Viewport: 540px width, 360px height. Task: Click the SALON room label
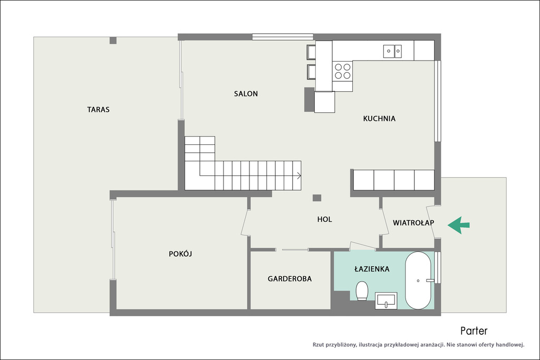246,94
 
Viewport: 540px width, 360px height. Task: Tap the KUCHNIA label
379,119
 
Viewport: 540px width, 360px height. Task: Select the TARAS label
98,110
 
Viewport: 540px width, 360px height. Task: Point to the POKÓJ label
180,254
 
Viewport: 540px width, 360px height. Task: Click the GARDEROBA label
290,279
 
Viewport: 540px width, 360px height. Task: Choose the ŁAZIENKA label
372,269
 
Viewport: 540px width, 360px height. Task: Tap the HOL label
324,219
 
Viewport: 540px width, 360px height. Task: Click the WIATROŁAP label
413,222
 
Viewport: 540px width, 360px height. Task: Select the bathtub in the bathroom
418,280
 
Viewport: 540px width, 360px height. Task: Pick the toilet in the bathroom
362,291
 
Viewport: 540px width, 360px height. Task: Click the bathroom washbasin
385,300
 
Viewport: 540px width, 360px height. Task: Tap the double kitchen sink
392,51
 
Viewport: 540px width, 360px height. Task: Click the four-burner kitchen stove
343,71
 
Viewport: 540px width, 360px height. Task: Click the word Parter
474,331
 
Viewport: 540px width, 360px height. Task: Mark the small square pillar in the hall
317,198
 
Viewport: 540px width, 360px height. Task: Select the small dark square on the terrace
113,41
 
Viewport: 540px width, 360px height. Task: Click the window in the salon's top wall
283,37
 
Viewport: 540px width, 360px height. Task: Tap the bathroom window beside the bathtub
437,267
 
